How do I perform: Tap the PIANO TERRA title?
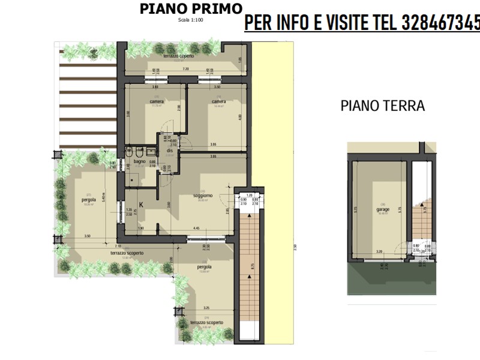[382, 106]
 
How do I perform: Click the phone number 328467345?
[442, 24]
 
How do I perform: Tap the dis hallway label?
[170, 150]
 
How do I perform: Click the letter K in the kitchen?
[141, 205]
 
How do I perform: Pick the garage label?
[383, 209]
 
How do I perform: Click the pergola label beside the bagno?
[91, 200]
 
